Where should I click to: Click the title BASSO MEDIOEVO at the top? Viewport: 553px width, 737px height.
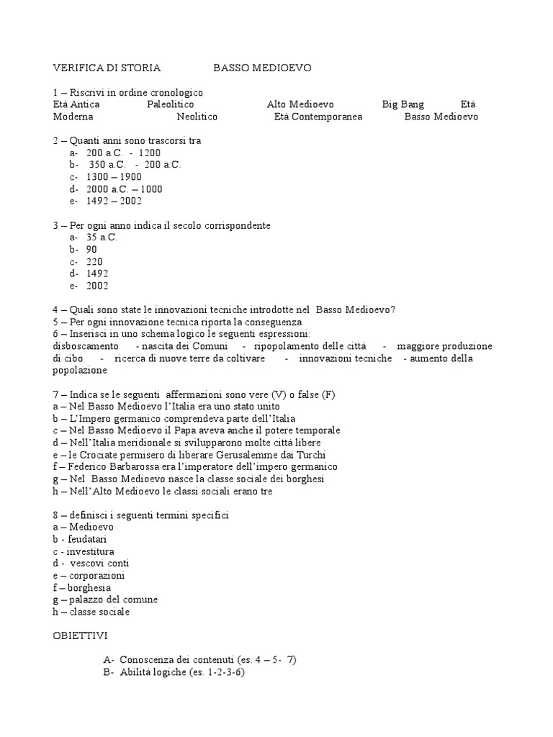pyautogui.click(x=262, y=68)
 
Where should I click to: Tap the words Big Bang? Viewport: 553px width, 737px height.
pyautogui.click(x=403, y=104)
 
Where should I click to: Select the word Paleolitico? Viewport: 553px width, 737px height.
pyautogui.click(x=171, y=104)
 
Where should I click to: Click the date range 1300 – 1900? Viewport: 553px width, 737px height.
pyautogui.click(x=114, y=177)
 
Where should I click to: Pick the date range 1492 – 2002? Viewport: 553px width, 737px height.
pyautogui.click(x=114, y=202)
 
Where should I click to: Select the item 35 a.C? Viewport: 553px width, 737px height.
pyautogui.click(x=102, y=237)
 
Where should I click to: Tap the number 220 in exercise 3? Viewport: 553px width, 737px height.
pyautogui.click(x=94, y=261)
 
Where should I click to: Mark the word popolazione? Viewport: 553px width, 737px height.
pyautogui.click(x=80, y=371)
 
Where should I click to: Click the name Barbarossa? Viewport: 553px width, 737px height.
pyautogui.click(x=136, y=467)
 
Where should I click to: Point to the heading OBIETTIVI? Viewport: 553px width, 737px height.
pyautogui.click(x=80, y=637)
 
